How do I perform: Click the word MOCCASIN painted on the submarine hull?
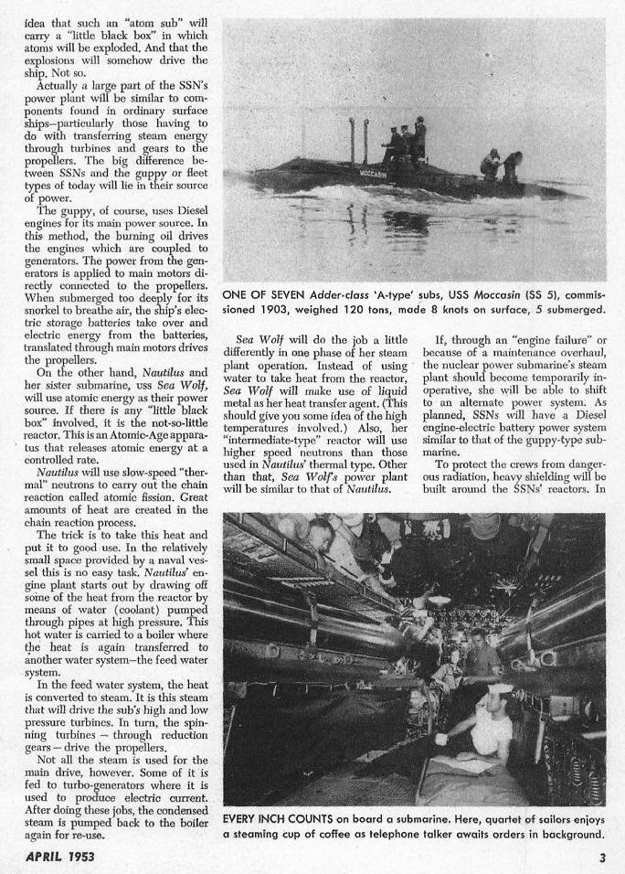(372, 172)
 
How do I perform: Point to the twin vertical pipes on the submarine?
(358, 143)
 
